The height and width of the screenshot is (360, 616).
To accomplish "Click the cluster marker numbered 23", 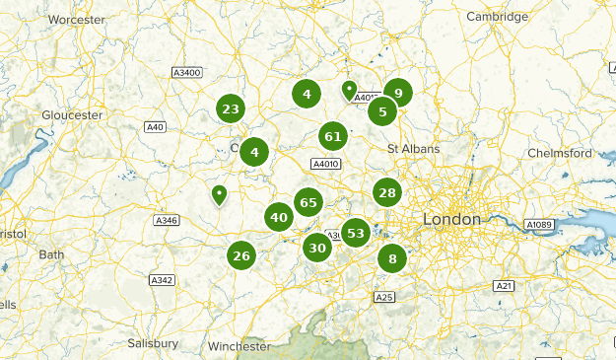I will point(231,109).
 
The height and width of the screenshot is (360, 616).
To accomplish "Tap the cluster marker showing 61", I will point(333,137).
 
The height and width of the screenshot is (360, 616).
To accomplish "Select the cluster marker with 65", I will point(308,202).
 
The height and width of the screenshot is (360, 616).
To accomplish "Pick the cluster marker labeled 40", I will point(279,218).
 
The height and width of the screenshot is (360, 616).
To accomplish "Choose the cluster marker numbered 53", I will point(356,234).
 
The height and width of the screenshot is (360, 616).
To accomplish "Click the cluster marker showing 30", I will point(317,248).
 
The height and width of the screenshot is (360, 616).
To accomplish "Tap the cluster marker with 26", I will point(241,256).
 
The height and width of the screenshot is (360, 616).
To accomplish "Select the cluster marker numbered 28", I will point(386,193).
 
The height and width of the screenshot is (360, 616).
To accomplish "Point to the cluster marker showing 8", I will point(392,259).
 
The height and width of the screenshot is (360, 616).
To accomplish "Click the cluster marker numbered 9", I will point(398,94).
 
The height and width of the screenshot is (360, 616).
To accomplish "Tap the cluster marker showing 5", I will point(382,111).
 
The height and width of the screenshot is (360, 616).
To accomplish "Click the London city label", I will point(451,218).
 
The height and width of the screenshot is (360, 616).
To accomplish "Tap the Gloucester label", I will point(72,115).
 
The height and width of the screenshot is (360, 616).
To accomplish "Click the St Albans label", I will point(412,149).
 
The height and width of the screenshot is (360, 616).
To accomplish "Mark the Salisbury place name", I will point(153,343).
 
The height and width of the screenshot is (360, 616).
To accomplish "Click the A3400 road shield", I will point(185,73).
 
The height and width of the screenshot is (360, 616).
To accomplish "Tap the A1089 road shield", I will point(539,225).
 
